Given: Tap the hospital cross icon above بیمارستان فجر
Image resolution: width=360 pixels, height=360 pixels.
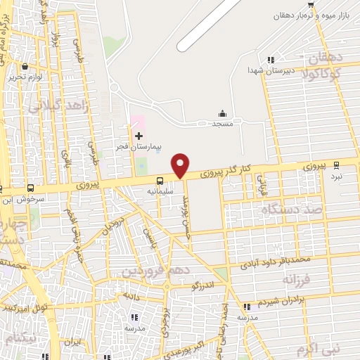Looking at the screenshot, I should [139, 135].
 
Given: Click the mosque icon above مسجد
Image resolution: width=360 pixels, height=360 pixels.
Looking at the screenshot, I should [223, 114].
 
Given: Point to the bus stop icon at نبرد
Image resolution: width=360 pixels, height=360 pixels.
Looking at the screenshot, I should [336, 165].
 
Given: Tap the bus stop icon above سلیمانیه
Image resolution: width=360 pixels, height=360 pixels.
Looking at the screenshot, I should [160, 180].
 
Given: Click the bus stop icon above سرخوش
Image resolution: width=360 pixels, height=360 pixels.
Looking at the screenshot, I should [30, 188].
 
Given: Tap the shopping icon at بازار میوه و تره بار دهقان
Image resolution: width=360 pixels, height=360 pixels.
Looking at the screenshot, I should [310, 5].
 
